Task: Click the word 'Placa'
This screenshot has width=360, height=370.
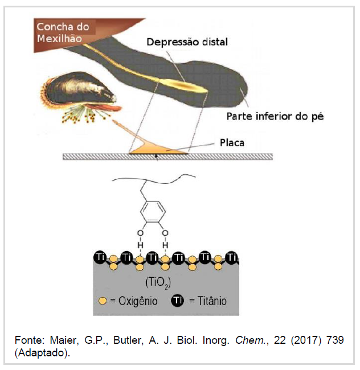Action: pos(232,142)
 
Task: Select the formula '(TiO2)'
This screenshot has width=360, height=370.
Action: pos(158,282)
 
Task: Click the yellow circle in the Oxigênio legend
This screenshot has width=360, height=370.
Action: pos(103,301)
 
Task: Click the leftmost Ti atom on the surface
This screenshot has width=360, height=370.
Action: pos(101,257)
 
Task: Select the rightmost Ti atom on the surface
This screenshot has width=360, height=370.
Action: pos(231,257)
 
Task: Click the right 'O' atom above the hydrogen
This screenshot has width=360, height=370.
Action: pos(165,233)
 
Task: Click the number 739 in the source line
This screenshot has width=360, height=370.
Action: pos(333,340)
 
